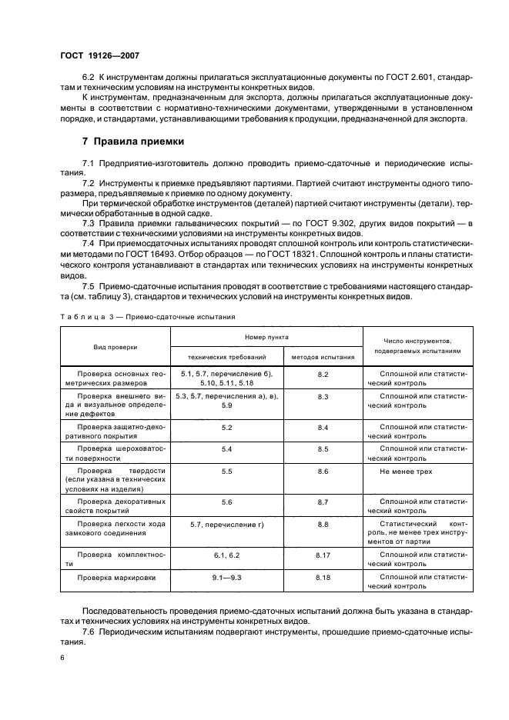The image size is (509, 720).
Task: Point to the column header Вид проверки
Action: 116,347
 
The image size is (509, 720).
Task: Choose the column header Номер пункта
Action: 266,337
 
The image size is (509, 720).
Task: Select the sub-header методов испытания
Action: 323,357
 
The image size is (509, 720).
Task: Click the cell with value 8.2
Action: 323,374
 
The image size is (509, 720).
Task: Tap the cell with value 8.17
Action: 323,554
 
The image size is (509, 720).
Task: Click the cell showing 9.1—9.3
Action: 226,577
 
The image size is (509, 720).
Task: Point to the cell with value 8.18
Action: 323,577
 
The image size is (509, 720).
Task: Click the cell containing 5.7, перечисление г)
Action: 226,524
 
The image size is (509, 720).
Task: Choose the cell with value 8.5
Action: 323,448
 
